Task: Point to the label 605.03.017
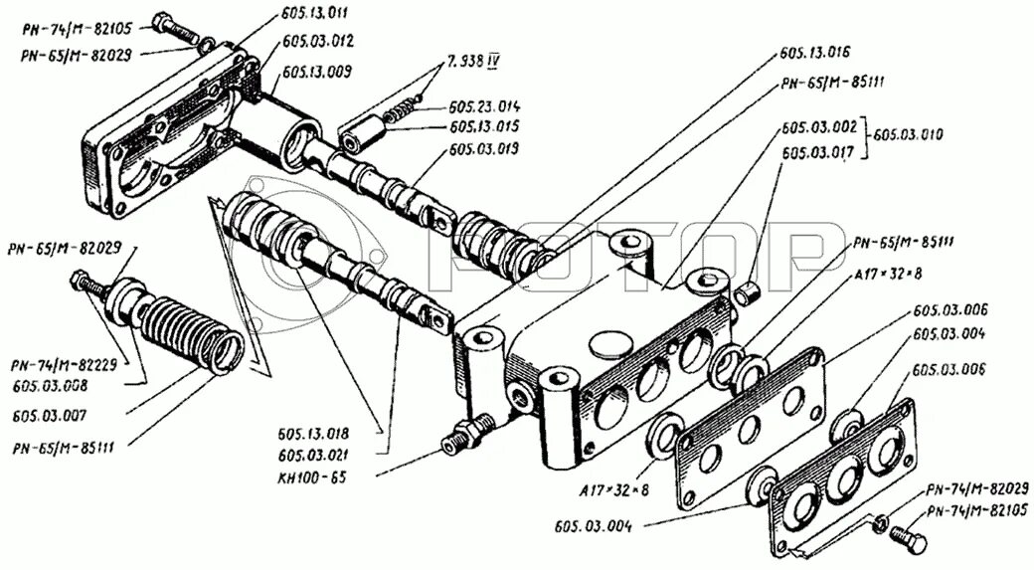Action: tap(818, 152)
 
